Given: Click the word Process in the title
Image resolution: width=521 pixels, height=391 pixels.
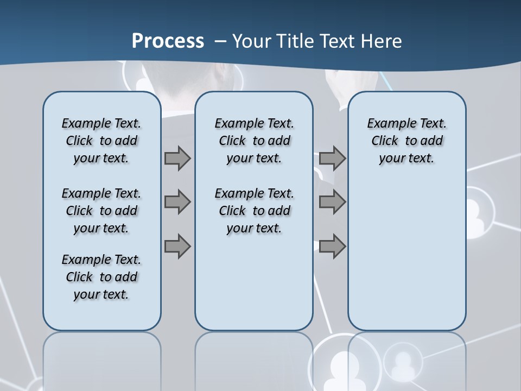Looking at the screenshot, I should [x=168, y=41].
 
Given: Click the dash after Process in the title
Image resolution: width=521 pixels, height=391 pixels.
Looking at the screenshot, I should [x=220, y=41].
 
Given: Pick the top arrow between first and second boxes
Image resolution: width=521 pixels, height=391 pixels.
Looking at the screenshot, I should [x=177, y=159].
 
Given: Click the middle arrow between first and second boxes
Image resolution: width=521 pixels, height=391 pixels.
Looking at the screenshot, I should [x=177, y=202].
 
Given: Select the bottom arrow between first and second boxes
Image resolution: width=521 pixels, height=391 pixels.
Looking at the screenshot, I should [x=177, y=246].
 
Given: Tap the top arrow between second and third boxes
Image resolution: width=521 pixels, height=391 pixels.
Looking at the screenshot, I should [x=332, y=159].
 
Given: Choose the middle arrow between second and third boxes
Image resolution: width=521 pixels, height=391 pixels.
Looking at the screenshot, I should [x=332, y=202].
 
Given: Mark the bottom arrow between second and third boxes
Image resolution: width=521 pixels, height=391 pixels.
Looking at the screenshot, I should [x=332, y=246].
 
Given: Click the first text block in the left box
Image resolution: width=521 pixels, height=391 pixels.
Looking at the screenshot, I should [x=101, y=141].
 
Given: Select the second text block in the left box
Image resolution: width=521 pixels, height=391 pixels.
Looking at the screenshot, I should [x=101, y=211].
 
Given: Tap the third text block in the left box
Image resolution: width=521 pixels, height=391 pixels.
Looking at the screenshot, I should [x=101, y=277].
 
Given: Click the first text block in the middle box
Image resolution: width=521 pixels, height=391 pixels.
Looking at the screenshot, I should [x=254, y=141].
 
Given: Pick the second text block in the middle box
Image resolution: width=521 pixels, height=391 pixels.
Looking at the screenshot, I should [x=254, y=211].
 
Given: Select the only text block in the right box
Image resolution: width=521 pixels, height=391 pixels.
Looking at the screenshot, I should [x=406, y=141].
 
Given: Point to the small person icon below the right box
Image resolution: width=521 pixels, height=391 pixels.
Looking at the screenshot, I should [x=402, y=361].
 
